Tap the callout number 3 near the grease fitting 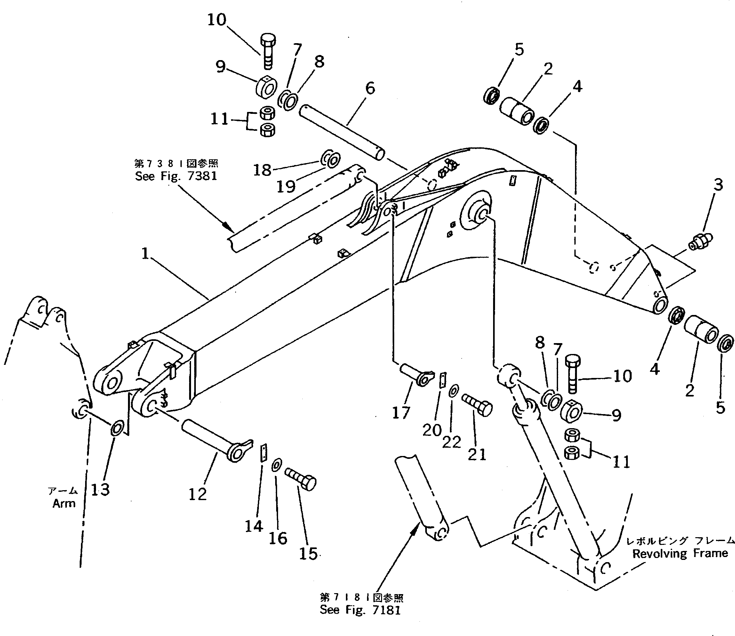pos(718,185)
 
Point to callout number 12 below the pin pos(197,494)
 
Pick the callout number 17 pos(401,413)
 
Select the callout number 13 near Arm pos(100,490)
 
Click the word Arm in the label pos(64,503)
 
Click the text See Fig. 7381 pos(176,176)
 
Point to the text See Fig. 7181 pos(360,610)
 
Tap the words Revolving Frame pos(680,553)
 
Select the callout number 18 pos(262,170)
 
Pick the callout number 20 pos(432,430)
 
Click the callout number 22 pos(451,442)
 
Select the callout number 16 pos(278,538)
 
